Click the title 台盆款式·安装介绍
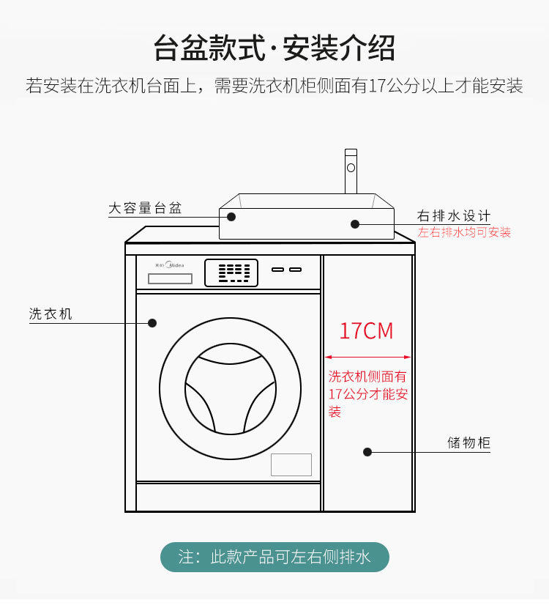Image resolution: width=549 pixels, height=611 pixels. (x=274, y=48)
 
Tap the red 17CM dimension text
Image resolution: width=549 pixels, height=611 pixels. (x=366, y=331)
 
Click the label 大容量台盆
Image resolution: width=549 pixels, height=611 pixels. (x=145, y=208)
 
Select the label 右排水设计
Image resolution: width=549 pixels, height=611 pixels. (x=453, y=216)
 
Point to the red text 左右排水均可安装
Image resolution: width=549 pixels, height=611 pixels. (x=464, y=233)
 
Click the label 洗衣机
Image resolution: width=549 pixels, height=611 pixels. (x=51, y=314)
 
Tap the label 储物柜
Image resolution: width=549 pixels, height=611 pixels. (x=468, y=442)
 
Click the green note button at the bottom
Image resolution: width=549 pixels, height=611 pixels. (x=274, y=558)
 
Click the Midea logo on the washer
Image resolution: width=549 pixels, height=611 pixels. (x=171, y=265)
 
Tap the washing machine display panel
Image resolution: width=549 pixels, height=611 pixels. (x=231, y=273)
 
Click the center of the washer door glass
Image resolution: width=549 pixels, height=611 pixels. (x=230, y=388)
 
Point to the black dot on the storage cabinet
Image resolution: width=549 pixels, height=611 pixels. (x=367, y=452)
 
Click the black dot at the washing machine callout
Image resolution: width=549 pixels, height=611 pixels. (x=153, y=322)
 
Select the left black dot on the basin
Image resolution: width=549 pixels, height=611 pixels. (x=231, y=216)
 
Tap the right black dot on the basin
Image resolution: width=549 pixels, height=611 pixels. (x=355, y=223)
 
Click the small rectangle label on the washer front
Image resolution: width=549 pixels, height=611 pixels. (x=291, y=464)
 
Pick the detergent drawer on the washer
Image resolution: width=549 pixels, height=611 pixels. (x=170, y=278)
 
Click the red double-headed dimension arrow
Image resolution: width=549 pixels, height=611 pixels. (x=368, y=358)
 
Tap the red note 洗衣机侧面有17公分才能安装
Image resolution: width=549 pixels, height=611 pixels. (x=367, y=394)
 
